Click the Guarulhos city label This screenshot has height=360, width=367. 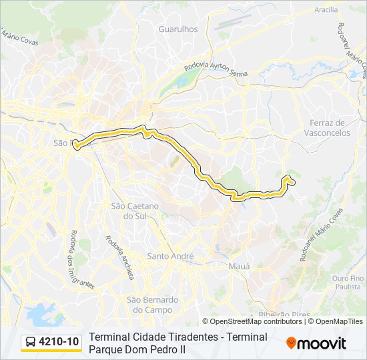click(x=178, y=29)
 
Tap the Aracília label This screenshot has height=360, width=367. click(x=326, y=10)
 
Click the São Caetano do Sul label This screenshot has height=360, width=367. click(x=135, y=211)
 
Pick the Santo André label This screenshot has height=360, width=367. click(x=170, y=256)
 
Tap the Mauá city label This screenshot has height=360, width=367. click(x=239, y=266)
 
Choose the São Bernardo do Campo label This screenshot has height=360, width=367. click(x=153, y=305)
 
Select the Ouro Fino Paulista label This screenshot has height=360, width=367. click(x=348, y=282)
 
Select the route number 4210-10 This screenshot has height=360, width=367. click(x=59, y=343)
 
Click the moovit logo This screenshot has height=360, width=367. click(x=316, y=343)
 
